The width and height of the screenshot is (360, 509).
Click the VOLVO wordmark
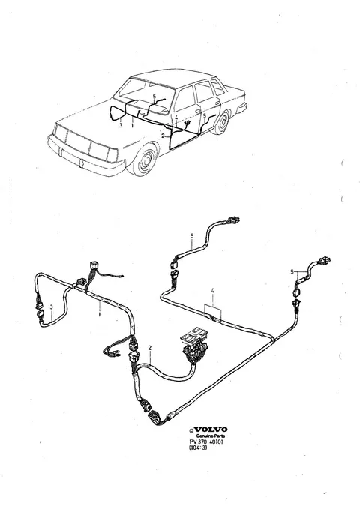211,430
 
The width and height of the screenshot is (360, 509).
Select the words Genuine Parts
210,436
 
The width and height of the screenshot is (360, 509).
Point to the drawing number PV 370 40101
206,442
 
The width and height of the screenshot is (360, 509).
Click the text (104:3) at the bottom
198,448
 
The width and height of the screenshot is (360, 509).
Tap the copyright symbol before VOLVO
191,430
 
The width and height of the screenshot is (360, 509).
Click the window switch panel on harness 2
194,343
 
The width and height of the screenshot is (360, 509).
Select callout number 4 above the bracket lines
212,291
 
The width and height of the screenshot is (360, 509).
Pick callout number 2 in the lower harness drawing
150,348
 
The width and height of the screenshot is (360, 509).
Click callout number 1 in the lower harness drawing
100,314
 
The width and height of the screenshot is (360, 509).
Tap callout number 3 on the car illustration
121,125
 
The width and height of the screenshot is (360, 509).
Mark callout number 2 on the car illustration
163,136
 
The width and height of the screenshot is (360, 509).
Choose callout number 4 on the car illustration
176,118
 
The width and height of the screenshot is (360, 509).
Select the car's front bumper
85,157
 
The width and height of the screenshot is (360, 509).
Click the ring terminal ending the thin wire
121,277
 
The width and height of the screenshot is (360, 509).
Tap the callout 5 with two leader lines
292,271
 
